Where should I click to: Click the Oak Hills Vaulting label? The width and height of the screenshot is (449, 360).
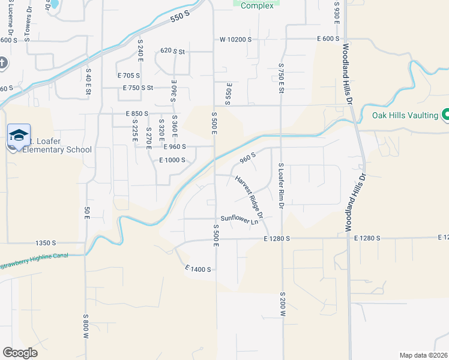tap(405, 115)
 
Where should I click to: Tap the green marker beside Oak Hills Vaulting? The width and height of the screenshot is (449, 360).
tap(446, 114)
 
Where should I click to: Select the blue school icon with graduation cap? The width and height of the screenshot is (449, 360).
tap(19, 134)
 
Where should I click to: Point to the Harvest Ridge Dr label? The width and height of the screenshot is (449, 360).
tap(250, 197)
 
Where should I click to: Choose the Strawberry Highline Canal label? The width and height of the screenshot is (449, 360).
tap(34, 260)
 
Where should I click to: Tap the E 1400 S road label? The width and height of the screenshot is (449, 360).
tap(198, 269)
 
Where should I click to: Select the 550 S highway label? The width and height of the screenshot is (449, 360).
tap(179, 18)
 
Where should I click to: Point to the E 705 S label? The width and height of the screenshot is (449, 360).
tap(128, 76)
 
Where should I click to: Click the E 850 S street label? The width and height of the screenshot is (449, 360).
tap(137, 113)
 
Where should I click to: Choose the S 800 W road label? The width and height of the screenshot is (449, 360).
tap(86, 327)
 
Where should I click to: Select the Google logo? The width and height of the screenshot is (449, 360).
tap(20, 352)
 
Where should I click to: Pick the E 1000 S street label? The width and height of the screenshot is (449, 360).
tap(172, 160)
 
